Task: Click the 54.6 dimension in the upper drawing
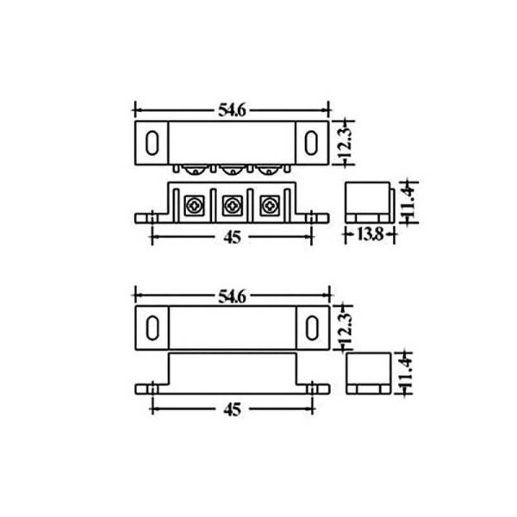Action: [232, 110]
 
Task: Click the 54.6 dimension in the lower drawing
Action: [232, 296]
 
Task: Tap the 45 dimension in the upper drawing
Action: [232, 237]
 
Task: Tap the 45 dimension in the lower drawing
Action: [232, 409]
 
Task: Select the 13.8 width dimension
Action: [371, 234]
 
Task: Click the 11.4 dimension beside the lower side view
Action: [405, 372]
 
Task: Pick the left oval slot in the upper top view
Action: [153, 143]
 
